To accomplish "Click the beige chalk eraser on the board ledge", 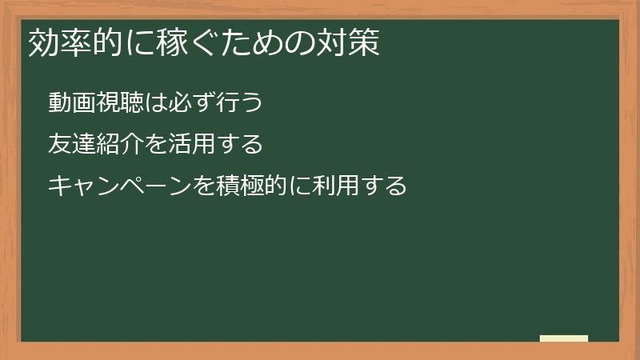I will pyautogui.click(x=564, y=338).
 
